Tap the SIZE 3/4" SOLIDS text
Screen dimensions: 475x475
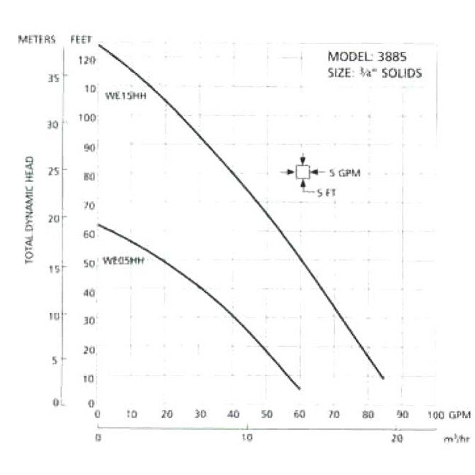pyautogui.click(x=374, y=73)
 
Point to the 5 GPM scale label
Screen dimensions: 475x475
pyautogui.click(x=346, y=173)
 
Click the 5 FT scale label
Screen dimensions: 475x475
pyautogui.click(x=326, y=192)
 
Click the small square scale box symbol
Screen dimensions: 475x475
pyautogui.click(x=303, y=172)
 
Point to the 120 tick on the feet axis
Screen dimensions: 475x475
pyautogui.click(x=88, y=59)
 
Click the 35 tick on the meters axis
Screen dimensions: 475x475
pyautogui.click(x=53, y=77)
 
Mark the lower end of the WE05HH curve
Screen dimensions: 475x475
pyautogui.click(x=300, y=388)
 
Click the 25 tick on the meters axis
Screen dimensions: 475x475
pyautogui.click(x=53, y=171)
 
